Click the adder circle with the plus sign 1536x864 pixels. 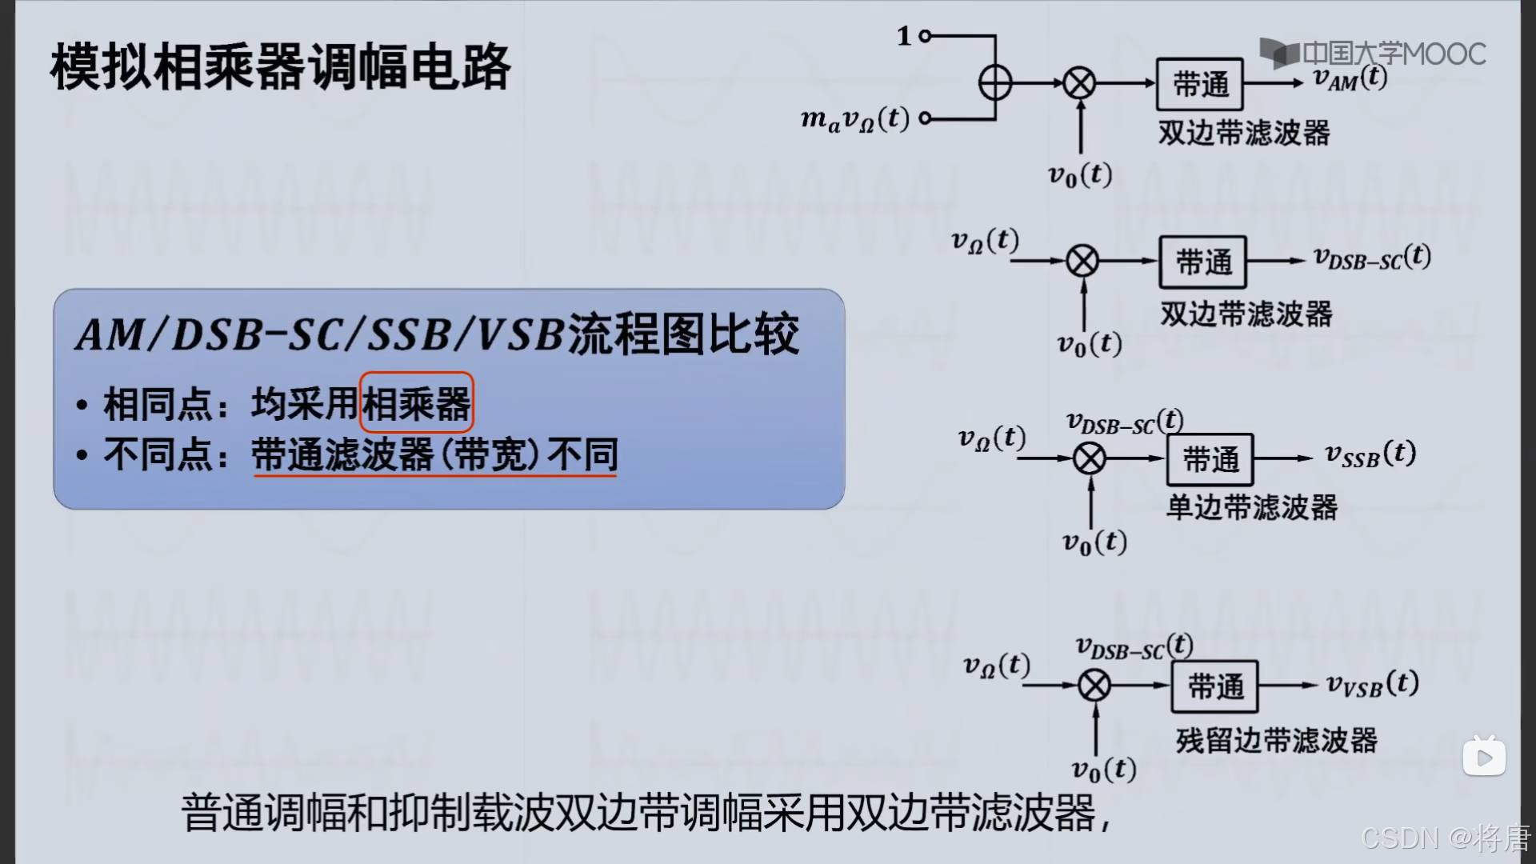click(x=995, y=82)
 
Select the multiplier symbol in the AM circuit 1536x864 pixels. click(x=1079, y=83)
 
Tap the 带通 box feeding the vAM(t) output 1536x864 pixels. click(x=1199, y=84)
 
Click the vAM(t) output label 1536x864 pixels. click(x=1350, y=78)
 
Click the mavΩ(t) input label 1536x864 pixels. click(x=855, y=119)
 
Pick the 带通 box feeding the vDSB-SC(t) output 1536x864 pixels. click(x=1202, y=262)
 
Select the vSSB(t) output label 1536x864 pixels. click(x=1370, y=454)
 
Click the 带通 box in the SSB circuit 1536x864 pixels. click(x=1210, y=459)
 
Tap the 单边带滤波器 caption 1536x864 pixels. click(x=1252, y=507)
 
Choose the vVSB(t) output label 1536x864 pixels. click(x=1372, y=684)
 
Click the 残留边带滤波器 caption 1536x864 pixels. click(x=1276, y=740)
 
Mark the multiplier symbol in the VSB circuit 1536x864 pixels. click(x=1094, y=686)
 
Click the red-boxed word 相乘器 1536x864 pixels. click(x=417, y=403)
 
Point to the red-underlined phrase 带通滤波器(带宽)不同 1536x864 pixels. click(x=435, y=455)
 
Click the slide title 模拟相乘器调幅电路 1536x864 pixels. click(x=280, y=67)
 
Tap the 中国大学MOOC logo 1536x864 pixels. click(x=1373, y=54)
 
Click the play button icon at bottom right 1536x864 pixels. click(x=1484, y=757)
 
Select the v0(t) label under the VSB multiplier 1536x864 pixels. click(x=1103, y=770)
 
